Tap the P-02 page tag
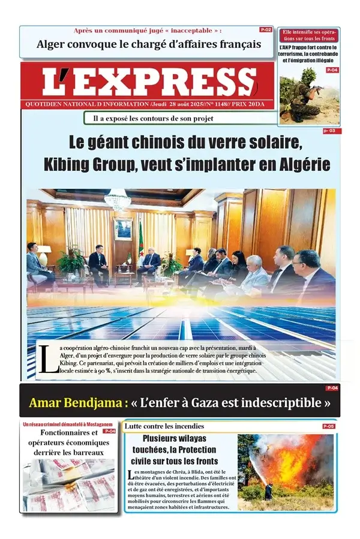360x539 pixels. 266,29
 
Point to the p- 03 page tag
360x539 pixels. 329,131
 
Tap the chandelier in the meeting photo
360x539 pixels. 117,199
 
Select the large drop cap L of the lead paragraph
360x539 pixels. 44,360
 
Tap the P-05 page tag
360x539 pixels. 328,426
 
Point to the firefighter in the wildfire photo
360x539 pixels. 268,491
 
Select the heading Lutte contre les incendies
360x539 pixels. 164,426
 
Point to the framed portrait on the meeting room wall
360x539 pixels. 123,228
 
